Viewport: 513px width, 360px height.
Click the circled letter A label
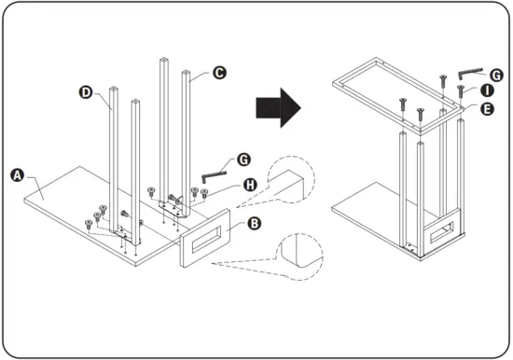[18, 175]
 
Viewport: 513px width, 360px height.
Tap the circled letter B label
[254, 224]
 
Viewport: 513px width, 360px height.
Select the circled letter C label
[219, 73]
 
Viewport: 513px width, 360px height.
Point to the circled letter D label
[86, 92]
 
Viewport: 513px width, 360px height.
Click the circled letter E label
[487, 109]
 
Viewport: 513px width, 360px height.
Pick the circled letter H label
[250, 186]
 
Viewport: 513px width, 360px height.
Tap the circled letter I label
[487, 90]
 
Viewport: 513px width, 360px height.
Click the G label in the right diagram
[496, 76]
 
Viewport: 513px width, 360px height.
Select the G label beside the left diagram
[243, 160]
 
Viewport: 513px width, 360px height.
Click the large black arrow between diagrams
[278, 107]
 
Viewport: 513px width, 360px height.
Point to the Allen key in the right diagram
[470, 73]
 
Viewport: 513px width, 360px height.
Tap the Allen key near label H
[215, 176]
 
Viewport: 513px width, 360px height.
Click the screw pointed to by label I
[461, 90]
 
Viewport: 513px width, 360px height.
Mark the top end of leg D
[114, 89]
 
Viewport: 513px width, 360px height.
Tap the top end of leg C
[186, 72]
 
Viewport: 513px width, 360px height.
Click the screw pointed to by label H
[204, 193]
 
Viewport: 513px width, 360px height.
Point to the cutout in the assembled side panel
[442, 232]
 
